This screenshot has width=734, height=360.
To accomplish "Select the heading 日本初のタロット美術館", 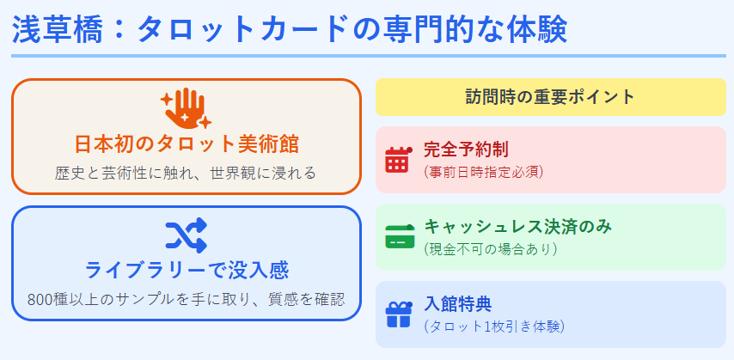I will pos(186,143).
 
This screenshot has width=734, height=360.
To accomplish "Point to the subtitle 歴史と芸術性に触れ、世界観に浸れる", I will pos(186,173).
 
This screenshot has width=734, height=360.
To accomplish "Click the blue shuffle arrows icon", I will pos(186,235).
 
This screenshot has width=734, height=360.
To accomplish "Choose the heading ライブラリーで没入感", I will pos(186,270).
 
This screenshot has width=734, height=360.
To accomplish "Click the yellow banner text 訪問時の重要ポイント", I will pos(550,96).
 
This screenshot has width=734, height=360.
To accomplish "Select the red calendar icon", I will pos(398,160).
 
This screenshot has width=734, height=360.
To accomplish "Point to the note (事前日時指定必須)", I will pos(483,171).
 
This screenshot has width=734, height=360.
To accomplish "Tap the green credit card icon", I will pos(398,237).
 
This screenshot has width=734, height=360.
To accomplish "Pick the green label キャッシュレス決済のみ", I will pos(517,227).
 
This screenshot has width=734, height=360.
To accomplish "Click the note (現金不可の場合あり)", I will pos(491,249).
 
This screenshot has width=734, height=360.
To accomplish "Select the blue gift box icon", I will pos(398,314).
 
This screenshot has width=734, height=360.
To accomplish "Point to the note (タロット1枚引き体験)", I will pos(494,326).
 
